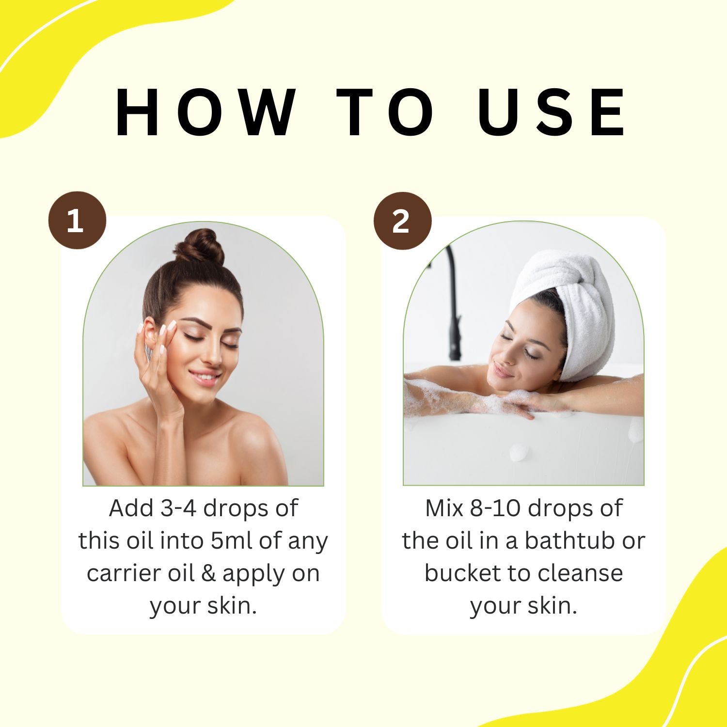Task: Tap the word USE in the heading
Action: point(553,113)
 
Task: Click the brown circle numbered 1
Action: point(77,221)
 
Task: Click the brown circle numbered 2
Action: point(402,221)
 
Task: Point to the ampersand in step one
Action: point(208,573)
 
